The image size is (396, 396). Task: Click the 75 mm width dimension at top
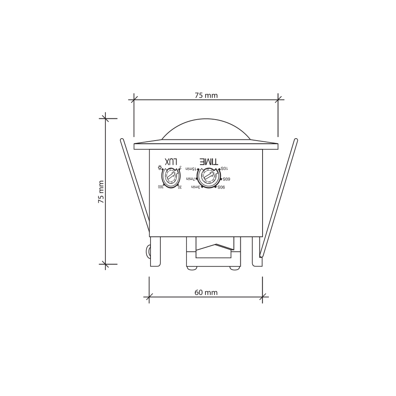coord(206,95)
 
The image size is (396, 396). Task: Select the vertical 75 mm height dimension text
coord(101,192)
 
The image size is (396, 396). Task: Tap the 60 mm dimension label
coord(206,293)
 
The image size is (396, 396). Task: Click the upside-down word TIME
coord(208,161)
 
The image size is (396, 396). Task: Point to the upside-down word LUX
coord(171,162)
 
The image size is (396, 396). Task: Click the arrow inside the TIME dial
coord(209,175)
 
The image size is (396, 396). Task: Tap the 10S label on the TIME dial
coord(224,169)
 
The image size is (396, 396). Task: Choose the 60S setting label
coord(226,179)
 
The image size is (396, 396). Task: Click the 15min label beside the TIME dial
coord(190,169)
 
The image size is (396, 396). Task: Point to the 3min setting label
coord(196,187)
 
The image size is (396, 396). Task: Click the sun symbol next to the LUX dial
coord(160,168)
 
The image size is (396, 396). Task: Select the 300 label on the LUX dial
coord(160,187)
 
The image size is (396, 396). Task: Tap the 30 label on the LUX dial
coord(180,187)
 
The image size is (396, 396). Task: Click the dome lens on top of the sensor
coord(206,130)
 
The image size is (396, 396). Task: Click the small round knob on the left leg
coord(148,251)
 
